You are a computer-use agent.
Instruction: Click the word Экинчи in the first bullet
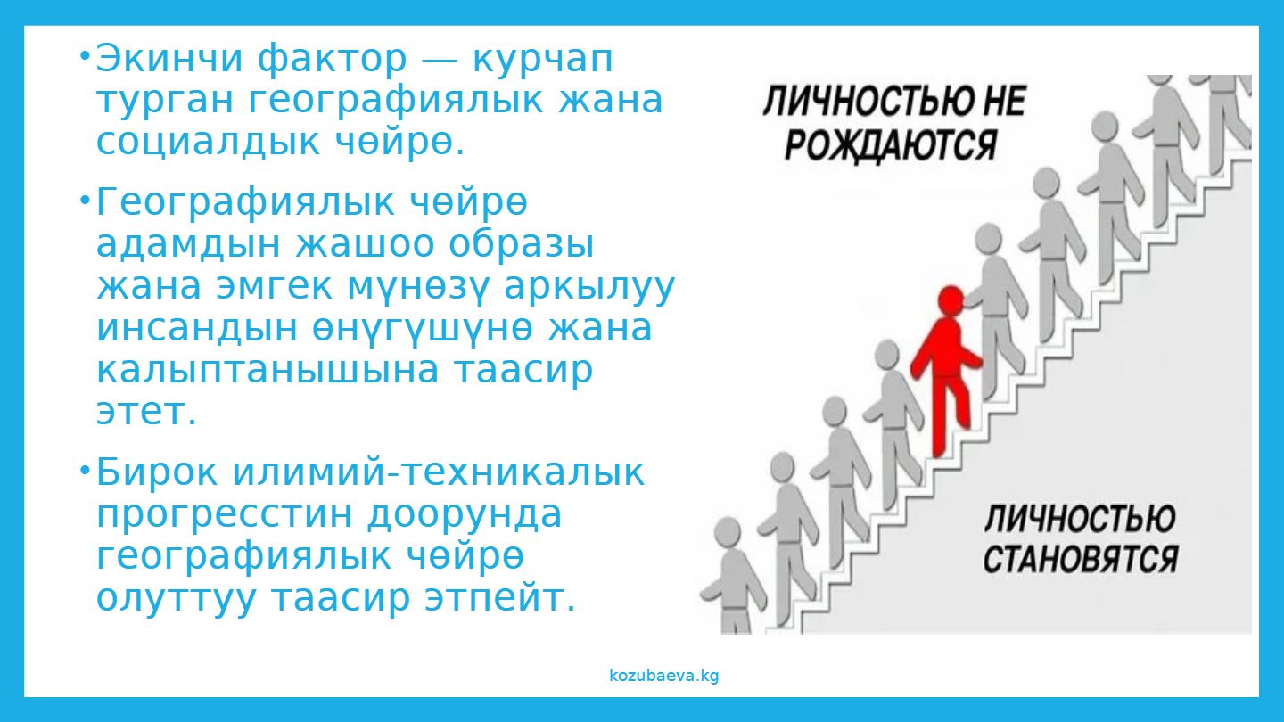click(x=169, y=59)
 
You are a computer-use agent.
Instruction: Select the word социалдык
click(x=208, y=144)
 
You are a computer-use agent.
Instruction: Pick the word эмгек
click(x=274, y=286)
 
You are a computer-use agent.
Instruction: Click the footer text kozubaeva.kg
click(x=663, y=676)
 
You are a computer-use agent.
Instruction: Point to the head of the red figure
click(x=951, y=300)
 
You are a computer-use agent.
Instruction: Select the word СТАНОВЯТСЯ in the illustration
click(x=1081, y=559)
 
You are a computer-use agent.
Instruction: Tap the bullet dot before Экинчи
click(x=85, y=56)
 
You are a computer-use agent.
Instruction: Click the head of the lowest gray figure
click(x=728, y=533)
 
